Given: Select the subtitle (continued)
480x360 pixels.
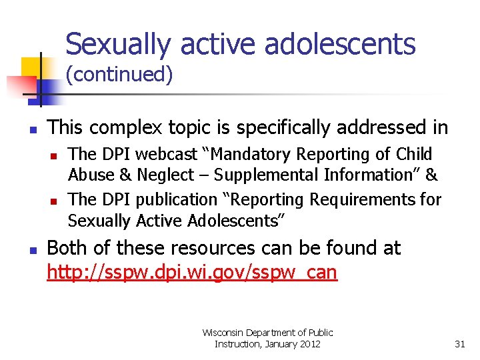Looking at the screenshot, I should [x=119, y=75].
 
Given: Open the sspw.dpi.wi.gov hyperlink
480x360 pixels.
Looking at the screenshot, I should [x=192, y=272].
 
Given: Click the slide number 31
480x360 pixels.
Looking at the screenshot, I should [x=459, y=344].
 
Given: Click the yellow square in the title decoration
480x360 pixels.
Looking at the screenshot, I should [x=31, y=67].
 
